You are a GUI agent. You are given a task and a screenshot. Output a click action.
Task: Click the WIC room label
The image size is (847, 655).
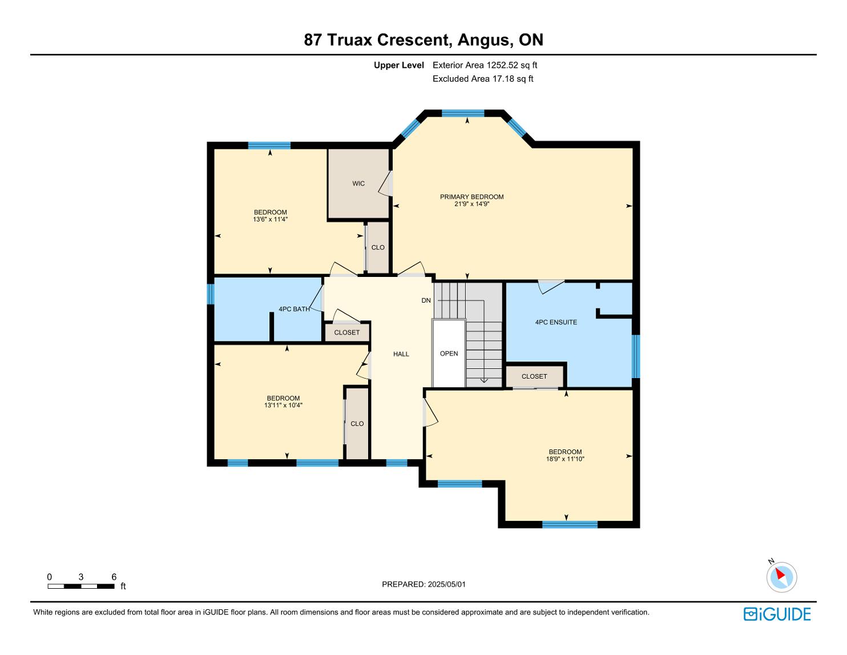tap(358, 184)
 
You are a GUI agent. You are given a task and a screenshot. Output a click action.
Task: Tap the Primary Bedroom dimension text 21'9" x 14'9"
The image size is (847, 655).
tap(471, 203)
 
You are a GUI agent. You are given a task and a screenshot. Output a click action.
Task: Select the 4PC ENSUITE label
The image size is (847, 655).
tap(556, 322)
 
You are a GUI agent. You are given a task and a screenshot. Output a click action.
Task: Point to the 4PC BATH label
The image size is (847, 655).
tap(294, 309)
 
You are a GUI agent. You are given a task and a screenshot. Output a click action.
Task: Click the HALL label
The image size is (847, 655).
tap(401, 354)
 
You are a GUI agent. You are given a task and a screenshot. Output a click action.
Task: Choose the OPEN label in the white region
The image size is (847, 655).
tap(449, 353)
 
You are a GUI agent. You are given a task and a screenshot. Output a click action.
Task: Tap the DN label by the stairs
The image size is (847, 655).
tap(426, 300)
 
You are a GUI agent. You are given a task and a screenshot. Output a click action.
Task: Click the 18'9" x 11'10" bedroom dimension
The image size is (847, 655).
tap(565, 459)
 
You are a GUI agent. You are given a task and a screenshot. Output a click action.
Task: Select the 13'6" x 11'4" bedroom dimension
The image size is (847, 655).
tap(270, 219)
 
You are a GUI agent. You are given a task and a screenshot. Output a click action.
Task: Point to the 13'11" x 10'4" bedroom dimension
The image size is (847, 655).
tap(283, 405)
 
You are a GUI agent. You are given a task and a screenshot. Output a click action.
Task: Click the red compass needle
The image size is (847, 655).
tap(780, 574)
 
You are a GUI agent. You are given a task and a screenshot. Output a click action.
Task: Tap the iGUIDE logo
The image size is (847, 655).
tap(777, 614)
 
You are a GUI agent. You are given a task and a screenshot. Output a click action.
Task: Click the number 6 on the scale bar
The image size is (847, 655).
tap(114, 577)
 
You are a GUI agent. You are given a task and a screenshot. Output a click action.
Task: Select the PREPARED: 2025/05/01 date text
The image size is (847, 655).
tap(424, 584)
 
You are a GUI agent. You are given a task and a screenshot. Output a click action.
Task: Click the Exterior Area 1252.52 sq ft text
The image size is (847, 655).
tap(485, 65)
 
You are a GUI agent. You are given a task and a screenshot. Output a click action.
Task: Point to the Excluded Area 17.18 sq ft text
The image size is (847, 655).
tap(483, 79)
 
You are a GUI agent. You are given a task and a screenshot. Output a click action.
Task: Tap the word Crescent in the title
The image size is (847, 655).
tap(414, 40)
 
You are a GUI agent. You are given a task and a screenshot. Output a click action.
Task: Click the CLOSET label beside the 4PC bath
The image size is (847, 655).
tap(347, 332)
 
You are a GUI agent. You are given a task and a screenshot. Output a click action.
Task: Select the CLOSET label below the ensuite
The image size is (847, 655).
tap(534, 376)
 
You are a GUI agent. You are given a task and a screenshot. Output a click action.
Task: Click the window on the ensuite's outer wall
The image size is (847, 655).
tap(636, 356)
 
